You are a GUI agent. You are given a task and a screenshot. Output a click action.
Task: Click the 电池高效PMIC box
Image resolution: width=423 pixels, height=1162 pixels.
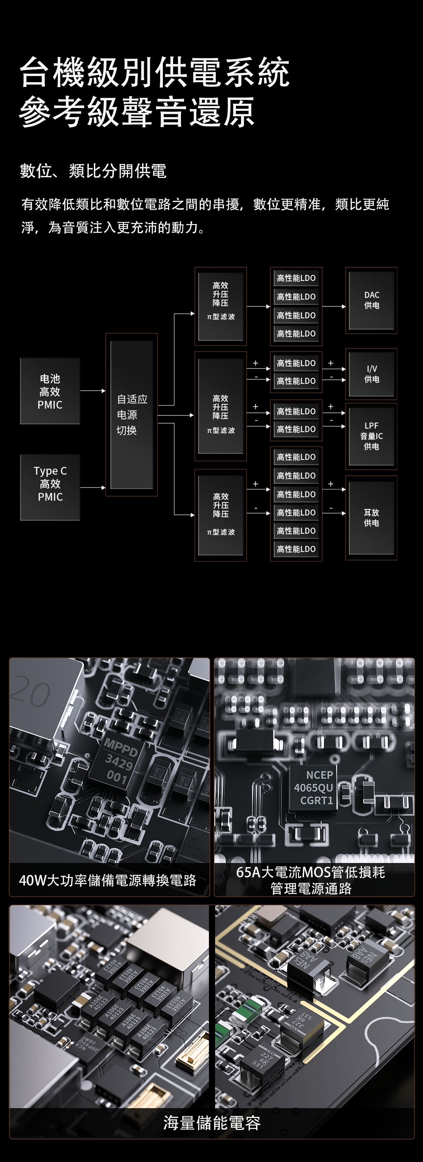pyautogui.click(x=50, y=391)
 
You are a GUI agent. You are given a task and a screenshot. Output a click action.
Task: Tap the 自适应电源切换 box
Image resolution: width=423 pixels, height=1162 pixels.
pyautogui.click(x=131, y=415)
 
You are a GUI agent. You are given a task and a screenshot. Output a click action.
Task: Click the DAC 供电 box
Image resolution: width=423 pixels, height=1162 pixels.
pyautogui.click(x=371, y=300)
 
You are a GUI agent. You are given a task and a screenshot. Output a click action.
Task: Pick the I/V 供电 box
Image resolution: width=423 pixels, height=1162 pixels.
pyautogui.click(x=371, y=374)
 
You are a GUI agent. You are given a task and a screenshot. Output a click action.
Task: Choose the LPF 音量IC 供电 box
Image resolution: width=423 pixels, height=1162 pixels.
pyautogui.click(x=371, y=436)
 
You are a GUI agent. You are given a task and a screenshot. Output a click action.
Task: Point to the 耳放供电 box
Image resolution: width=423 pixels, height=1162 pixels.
pyautogui.click(x=371, y=518)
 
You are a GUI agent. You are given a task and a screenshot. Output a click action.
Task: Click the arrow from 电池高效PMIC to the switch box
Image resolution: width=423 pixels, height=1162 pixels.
pyautogui.click(x=93, y=391)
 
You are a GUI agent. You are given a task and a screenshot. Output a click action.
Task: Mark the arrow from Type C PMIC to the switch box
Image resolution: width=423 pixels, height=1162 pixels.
pyautogui.click(x=93, y=488)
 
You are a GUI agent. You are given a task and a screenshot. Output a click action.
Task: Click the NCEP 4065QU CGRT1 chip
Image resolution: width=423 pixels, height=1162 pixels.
pyautogui.click(x=313, y=788)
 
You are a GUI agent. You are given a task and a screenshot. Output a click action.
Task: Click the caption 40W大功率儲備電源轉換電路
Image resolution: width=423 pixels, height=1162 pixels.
pyautogui.click(x=108, y=880)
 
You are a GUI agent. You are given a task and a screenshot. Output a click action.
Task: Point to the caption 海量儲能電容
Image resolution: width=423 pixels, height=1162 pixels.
pyautogui.click(x=212, y=1123)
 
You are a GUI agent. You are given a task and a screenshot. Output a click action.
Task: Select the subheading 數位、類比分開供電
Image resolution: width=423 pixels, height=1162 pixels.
pyautogui.click(x=93, y=171)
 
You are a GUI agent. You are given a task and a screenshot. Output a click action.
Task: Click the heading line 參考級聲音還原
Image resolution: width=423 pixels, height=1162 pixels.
pyautogui.click(x=137, y=112)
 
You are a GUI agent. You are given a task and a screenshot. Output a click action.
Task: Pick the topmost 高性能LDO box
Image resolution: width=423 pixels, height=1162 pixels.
pyautogui.click(x=296, y=278)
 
